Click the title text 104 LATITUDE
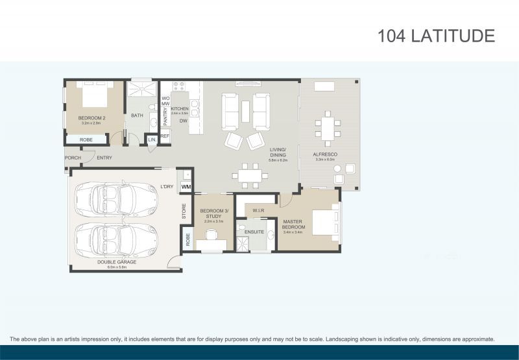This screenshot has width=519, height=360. [x=436, y=36]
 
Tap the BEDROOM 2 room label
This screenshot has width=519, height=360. [x=91, y=118]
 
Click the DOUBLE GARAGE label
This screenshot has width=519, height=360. [x=117, y=262]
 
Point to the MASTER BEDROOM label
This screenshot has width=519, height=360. [x=293, y=224]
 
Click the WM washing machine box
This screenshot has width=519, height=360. [x=186, y=187]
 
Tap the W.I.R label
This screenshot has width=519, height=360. [x=258, y=210]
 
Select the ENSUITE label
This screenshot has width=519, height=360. [x=254, y=232]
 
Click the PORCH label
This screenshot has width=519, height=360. [x=73, y=158]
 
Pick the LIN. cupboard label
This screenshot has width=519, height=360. [x=152, y=139]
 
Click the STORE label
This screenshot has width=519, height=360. [x=184, y=211]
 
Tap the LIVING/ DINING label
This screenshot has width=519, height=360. [x=279, y=153]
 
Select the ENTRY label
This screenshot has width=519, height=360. [x=104, y=158]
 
